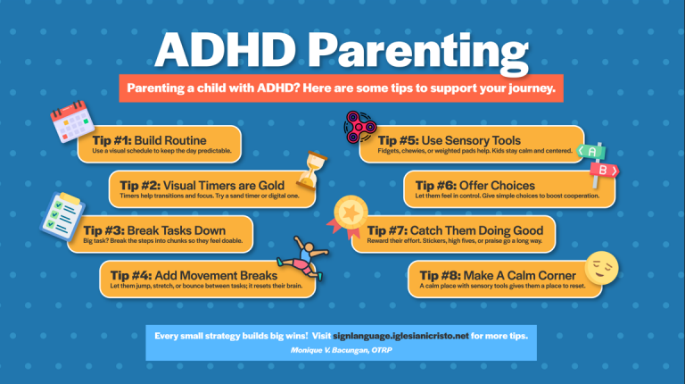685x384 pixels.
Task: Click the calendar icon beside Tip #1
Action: (x=72, y=121)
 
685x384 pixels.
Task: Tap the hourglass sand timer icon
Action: (x=311, y=171)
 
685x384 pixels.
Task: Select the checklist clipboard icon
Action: (x=62, y=216)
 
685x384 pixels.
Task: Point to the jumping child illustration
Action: (x=303, y=257)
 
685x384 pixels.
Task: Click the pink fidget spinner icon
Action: (x=360, y=128)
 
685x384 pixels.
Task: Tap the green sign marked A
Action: (x=591, y=152)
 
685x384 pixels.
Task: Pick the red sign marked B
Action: (x=604, y=171)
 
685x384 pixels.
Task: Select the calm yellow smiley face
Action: (x=601, y=268)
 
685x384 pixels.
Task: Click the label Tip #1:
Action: (x=111, y=140)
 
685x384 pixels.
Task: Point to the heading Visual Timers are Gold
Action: (x=224, y=186)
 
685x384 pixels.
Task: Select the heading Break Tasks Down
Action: (x=177, y=230)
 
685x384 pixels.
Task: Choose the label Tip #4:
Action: (x=131, y=276)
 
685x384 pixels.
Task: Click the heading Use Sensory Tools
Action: (x=471, y=140)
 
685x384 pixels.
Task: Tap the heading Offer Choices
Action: (x=497, y=186)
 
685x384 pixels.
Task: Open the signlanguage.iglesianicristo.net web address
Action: (x=400, y=336)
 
